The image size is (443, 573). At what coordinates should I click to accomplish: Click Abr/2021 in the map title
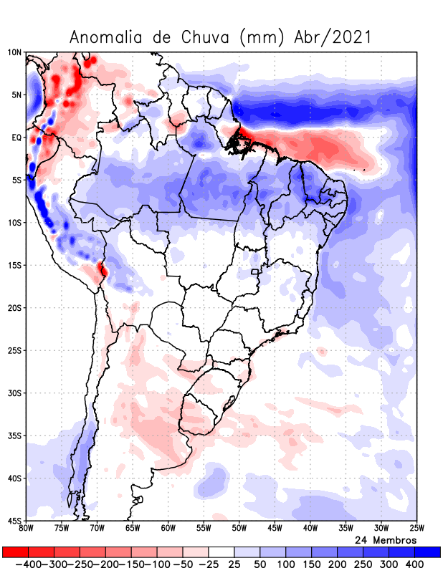click(333, 37)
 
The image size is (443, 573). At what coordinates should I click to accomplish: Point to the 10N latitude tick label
click(14, 52)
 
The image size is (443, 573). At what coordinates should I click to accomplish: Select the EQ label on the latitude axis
click(16, 138)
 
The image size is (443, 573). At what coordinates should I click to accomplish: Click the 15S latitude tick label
click(15, 265)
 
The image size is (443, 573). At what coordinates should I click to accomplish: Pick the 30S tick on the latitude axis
click(15, 393)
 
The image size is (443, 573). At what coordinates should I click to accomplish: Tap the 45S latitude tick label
click(15, 520)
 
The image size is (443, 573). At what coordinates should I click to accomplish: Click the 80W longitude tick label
click(27, 529)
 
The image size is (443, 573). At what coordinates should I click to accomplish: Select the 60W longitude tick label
click(168, 529)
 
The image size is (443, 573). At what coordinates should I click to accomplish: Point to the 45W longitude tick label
click(274, 529)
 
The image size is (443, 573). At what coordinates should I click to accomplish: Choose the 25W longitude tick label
click(415, 529)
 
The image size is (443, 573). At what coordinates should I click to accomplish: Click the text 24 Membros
click(386, 539)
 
